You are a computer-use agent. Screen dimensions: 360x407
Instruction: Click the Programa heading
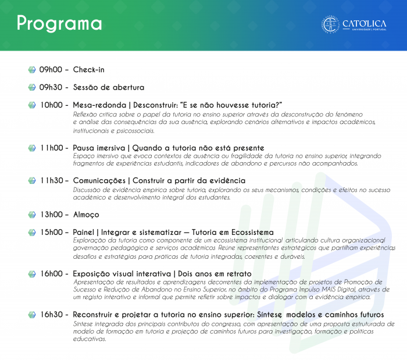click(59, 24)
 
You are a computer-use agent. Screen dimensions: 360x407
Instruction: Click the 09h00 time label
click(51, 70)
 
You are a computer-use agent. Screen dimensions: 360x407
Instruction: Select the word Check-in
click(89, 70)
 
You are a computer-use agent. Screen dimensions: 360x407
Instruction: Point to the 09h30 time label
click(51, 87)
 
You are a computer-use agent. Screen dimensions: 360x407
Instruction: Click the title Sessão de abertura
click(109, 87)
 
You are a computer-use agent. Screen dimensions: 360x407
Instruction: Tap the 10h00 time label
click(51, 105)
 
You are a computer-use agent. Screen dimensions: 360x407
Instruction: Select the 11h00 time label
click(51, 148)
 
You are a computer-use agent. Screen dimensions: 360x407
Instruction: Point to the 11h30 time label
click(51, 181)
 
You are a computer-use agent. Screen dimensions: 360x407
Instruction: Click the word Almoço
click(86, 215)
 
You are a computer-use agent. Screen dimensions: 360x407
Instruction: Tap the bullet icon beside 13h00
click(32, 215)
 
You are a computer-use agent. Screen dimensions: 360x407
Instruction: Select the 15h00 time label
click(51, 232)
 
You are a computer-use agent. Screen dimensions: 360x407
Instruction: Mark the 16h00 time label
click(51, 273)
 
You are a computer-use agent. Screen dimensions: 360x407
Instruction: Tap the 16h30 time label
click(51, 315)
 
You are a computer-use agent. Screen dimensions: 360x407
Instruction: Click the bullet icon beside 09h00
click(32, 70)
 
